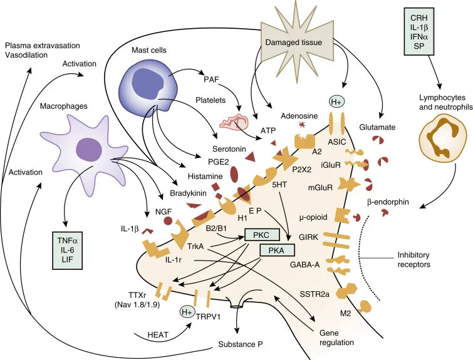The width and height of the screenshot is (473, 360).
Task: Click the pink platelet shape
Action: [229, 123]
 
